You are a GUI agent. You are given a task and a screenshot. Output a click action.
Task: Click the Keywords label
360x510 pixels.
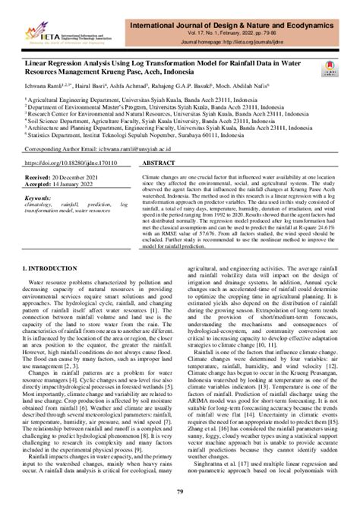click(x=38, y=198)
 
